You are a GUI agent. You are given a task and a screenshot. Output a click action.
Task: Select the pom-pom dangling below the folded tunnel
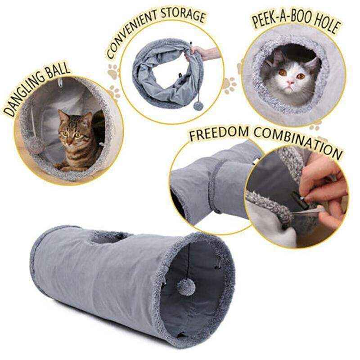(x=198, y=109)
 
